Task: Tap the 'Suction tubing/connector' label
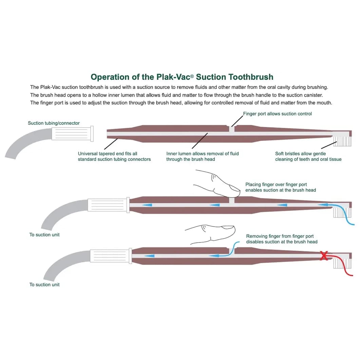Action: [54, 123]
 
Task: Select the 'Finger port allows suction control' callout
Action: [277, 114]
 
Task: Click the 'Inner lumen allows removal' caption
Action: [202, 156]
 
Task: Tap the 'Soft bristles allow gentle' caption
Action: [308, 156]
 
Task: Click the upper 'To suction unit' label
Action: [44, 235]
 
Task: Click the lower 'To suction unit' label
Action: [44, 285]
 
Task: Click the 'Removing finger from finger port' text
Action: [282, 239]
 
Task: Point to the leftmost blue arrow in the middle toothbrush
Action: [147, 205]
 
